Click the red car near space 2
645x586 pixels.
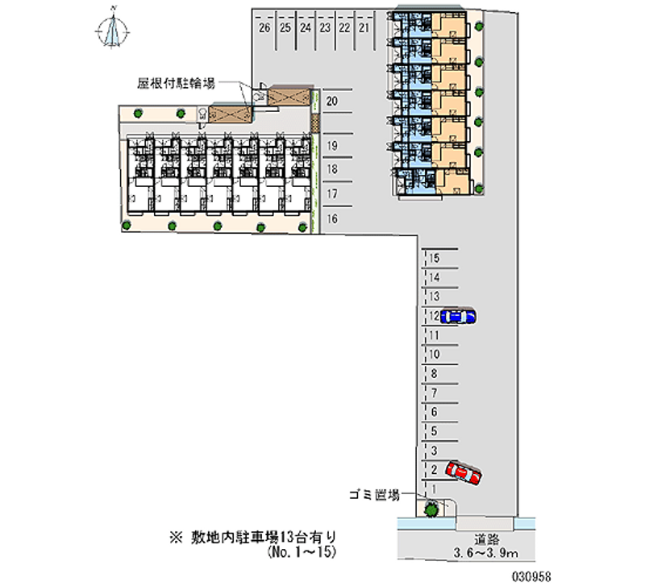tap(464, 474)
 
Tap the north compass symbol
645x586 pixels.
tap(114, 30)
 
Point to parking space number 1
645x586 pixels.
tap(435, 488)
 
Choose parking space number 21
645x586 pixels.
tap(364, 27)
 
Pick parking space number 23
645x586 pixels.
tap(324, 27)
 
